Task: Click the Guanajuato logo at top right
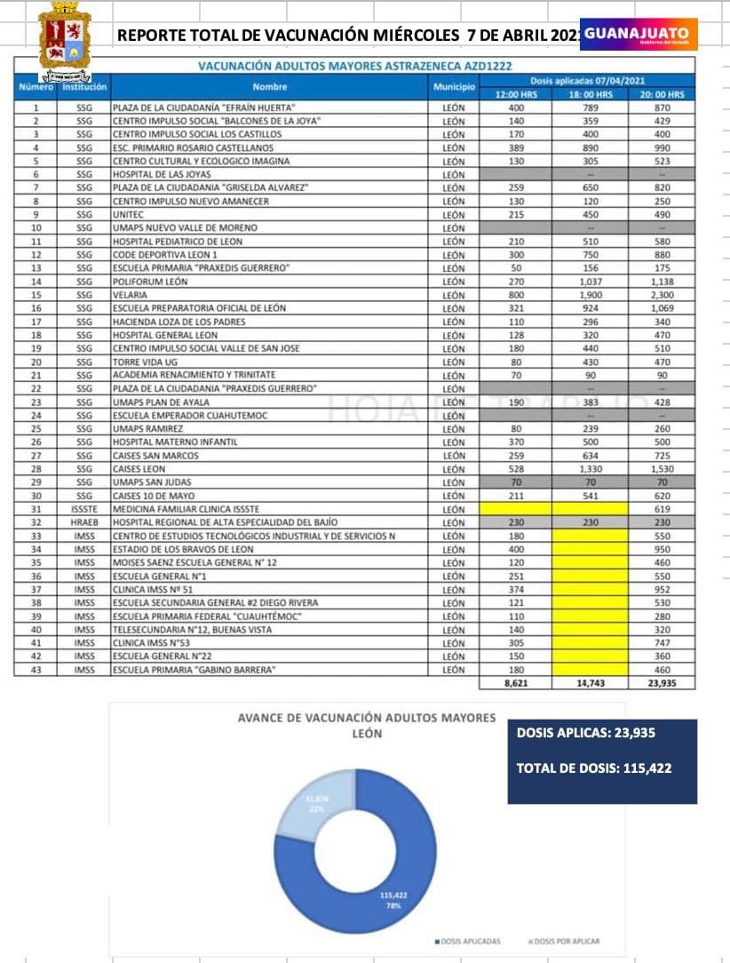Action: click(639, 34)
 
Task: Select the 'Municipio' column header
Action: click(452, 87)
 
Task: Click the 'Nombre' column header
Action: click(270, 87)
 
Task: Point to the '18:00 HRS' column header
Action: click(591, 94)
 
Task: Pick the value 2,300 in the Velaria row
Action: click(662, 295)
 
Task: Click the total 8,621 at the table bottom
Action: click(515, 684)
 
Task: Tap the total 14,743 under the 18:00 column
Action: click(591, 684)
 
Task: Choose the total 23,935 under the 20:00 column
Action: click(662, 684)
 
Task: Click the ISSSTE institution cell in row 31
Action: click(84, 509)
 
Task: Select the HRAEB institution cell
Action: click(84, 522)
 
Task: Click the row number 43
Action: click(36, 670)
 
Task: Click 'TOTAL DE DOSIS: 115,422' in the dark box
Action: click(593, 768)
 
